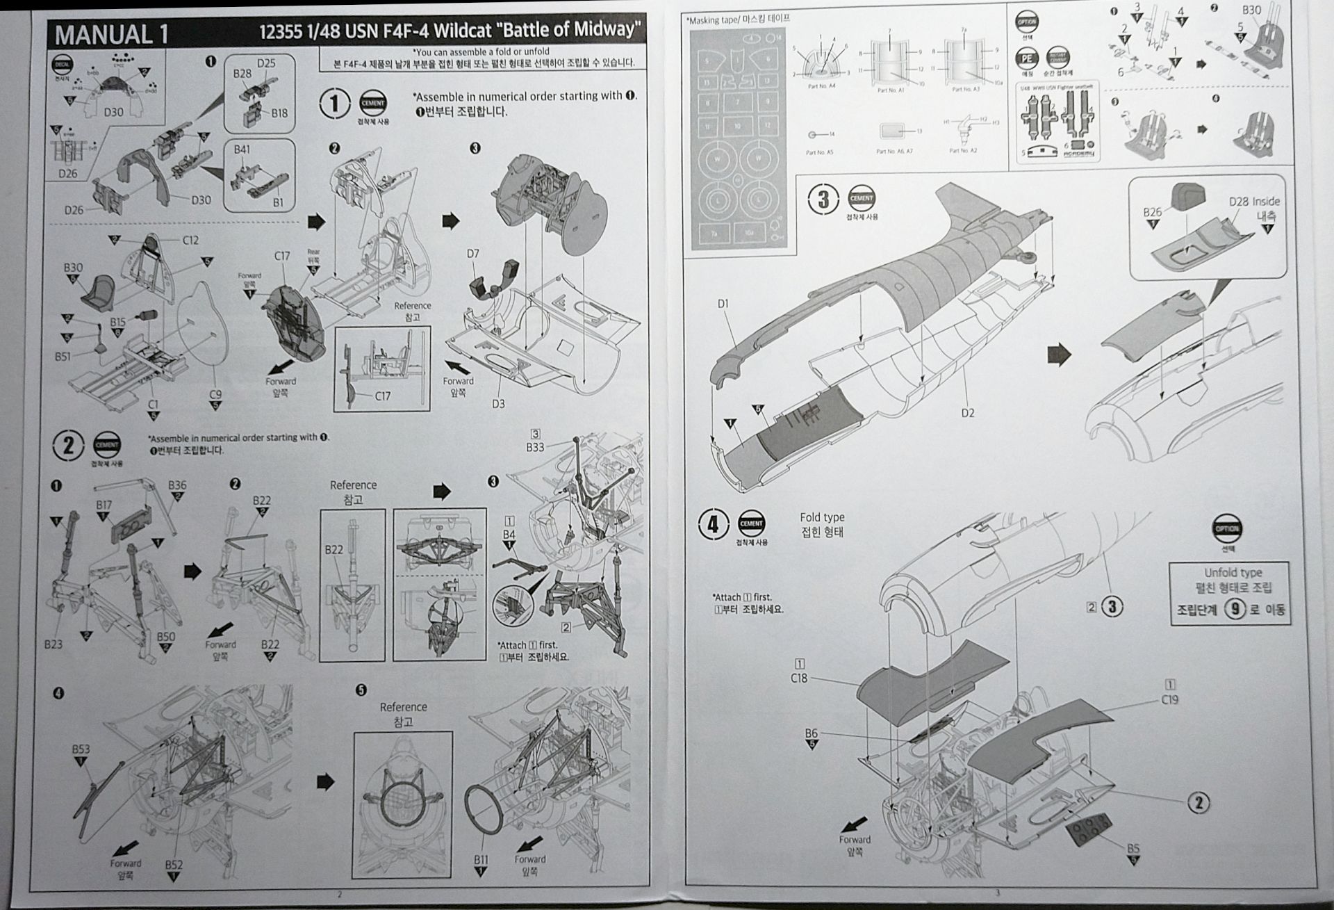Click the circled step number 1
(334, 104)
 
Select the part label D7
(472, 254)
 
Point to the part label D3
(498, 403)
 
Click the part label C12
(190, 240)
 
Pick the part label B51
(63, 357)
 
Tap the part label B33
(535, 447)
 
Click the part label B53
(81, 749)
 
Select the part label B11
(481, 859)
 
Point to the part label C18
(799, 677)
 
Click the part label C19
(1170, 699)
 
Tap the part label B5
(1133, 848)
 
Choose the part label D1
(723, 303)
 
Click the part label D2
(968, 413)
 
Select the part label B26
(1152, 211)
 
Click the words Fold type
(822, 517)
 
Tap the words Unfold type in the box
(1233, 572)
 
